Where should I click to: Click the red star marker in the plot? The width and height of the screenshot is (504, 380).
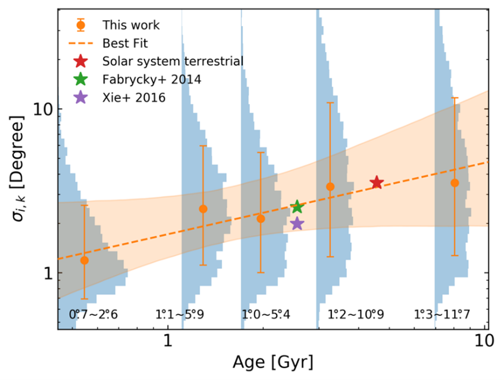(376, 183)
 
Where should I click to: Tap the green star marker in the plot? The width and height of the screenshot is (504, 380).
(298, 207)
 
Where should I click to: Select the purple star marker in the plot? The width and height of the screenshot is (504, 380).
(297, 224)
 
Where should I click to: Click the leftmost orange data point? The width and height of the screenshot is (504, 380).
(84, 260)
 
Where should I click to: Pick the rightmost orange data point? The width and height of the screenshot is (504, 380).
(455, 183)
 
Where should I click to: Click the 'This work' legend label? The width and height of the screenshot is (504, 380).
(131, 25)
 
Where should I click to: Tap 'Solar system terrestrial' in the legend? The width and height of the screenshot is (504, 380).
(173, 61)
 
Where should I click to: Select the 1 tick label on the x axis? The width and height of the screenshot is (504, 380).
(168, 343)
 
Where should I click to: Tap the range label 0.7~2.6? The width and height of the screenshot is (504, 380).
(93, 313)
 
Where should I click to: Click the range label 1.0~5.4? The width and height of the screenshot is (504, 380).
(266, 313)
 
